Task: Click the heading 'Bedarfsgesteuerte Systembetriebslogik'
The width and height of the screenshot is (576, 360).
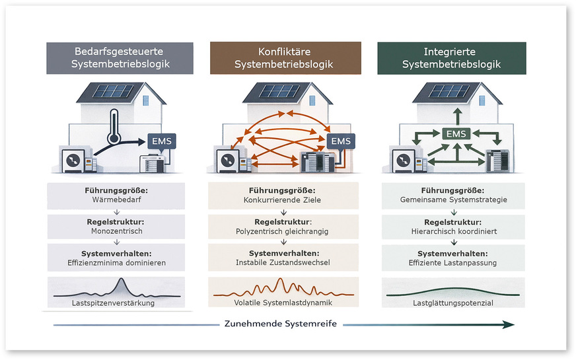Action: [119, 58]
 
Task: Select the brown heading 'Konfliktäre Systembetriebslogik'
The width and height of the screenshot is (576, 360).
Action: [285, 58]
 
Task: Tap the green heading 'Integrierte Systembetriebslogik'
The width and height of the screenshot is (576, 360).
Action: [451, 58]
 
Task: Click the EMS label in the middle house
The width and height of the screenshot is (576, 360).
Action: [341, 141]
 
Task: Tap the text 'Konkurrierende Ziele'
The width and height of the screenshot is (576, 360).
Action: [285, 200]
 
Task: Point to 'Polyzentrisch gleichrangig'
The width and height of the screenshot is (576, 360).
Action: [285, 231]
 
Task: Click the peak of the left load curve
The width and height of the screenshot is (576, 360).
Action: [121, 280]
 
